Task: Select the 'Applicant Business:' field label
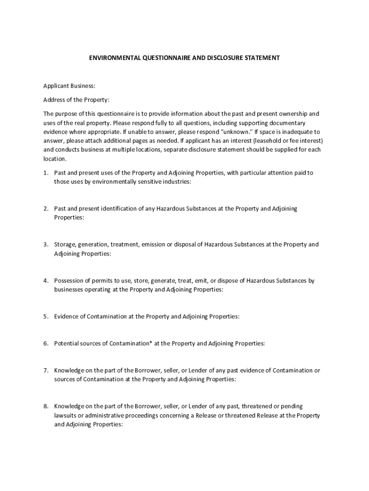point(69,86)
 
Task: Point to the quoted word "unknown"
point(237,131)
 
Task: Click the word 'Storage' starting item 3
point(64,245)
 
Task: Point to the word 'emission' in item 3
point(153,245)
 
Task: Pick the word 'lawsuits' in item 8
point(65,415)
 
